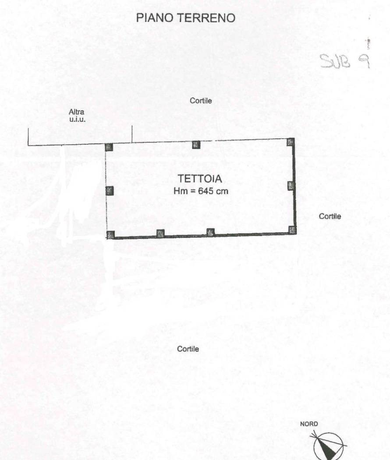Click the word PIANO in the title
155,18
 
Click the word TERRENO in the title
206,18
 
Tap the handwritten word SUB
335,61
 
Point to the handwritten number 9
364,61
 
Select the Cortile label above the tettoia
201,101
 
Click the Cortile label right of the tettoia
330,216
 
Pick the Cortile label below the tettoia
188,349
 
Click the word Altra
77,112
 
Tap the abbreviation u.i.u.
78,119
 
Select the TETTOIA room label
200,179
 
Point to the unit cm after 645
222,191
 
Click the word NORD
308,424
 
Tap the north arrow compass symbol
328,446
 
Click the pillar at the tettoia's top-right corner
291,142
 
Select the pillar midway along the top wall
196,145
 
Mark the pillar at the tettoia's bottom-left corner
110,235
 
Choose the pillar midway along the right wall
291,185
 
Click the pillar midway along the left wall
110,191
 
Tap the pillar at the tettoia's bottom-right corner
292,230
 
